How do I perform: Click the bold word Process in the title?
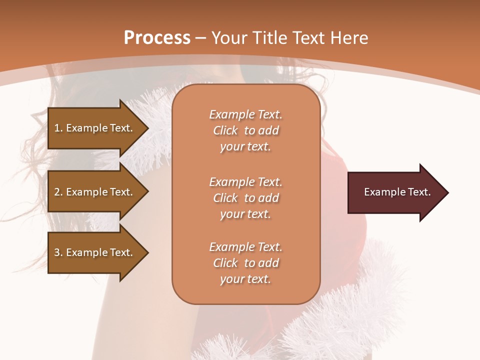157,38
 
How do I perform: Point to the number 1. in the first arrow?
58,128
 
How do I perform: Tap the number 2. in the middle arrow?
58,192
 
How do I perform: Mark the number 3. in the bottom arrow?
58,252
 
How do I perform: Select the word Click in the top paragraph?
225,130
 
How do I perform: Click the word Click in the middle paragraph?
225,198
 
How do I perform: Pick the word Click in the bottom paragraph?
225,263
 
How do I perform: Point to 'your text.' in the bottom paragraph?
245,279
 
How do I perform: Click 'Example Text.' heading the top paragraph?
245,114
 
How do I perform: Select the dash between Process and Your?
201,38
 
